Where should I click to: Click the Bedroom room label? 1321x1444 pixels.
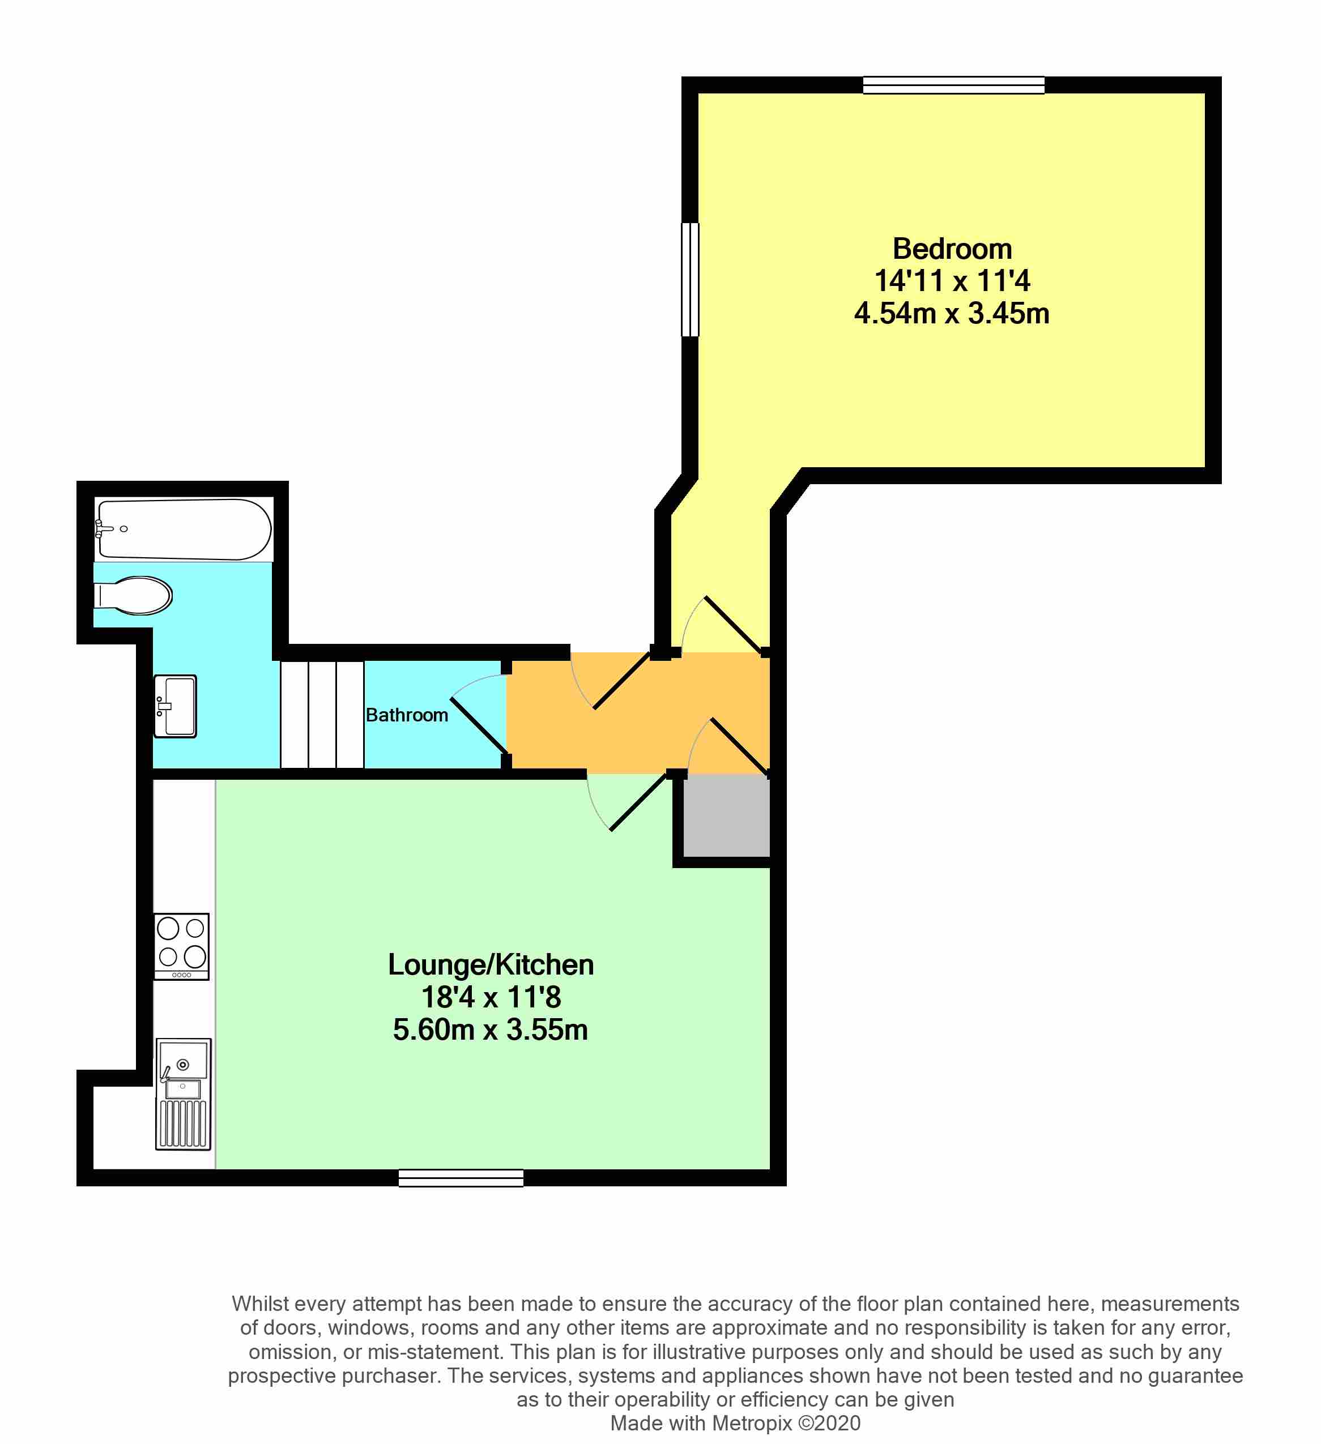[952, 249]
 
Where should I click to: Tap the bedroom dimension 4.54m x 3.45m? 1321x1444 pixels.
[952, 314]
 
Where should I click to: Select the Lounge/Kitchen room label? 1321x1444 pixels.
[491, 965]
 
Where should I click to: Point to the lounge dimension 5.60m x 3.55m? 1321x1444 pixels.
[491, 1030]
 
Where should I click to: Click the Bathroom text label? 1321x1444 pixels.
[407, 715]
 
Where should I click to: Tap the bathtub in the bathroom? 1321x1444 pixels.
[184, 529]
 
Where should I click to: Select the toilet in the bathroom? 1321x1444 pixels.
[133, 595]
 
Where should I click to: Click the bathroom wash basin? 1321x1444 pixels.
[176, 706]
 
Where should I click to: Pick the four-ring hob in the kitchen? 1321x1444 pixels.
[182, 946]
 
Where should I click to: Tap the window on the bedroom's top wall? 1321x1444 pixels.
[953, 86]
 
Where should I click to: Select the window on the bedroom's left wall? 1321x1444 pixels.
[690, 279]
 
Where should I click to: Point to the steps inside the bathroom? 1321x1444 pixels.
[322, 715]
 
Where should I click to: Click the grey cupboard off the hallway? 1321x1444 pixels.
[726, 817]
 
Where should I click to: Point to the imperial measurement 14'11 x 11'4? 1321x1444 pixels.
[952, 281]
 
